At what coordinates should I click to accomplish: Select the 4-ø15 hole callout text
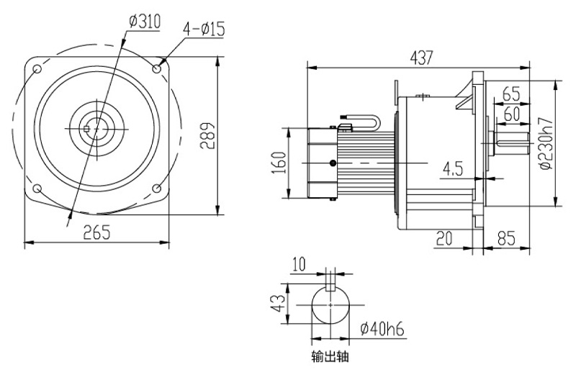click(x=205, y=29)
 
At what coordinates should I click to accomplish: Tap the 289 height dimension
click(x=207, y=135)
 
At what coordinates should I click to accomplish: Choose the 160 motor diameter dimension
click(x=279, y=163)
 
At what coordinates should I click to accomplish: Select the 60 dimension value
click(x=511, y=113)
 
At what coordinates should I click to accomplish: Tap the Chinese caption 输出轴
click(x=330, y=356)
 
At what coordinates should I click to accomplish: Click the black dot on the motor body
click(x=332, y=164)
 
